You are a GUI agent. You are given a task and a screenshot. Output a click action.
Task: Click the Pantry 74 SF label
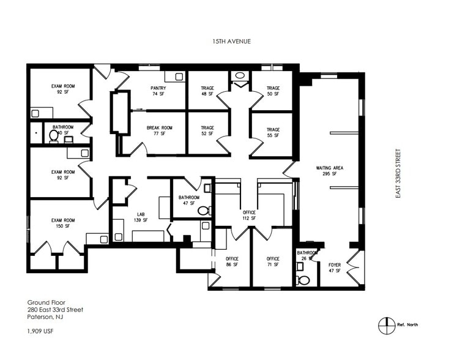[158, 91]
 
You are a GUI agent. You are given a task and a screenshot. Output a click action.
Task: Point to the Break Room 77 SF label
[159, 131]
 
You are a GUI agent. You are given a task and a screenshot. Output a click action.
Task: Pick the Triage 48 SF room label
[207, 91]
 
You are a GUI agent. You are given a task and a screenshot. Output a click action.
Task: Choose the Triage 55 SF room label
[273, 133]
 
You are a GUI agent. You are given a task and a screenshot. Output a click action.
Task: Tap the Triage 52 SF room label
[207, 131]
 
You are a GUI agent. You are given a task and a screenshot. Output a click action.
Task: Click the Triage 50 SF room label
[273, 91]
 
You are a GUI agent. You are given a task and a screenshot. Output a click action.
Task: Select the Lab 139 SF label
[141, 217]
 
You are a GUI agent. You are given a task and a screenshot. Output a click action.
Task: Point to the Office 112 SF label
[248, 215]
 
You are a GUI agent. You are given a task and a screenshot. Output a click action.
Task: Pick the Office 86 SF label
[232, 262]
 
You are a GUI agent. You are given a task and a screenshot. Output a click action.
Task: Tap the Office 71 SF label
[273, 262]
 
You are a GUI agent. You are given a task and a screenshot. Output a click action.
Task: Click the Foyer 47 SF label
[335, 268]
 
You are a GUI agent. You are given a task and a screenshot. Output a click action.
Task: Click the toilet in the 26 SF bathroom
[303, 280]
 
